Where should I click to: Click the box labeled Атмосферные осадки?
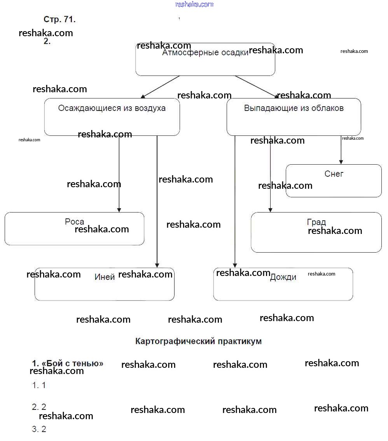click(205, 60)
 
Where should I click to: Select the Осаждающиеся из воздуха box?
click(112, 117)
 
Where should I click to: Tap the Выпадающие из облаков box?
click(294, 117)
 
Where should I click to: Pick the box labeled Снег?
click(334, 181)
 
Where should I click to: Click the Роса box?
click(74, 228)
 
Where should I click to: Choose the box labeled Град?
click(316, 232)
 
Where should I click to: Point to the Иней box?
click(104, 284)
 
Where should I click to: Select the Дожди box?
click(283, 284)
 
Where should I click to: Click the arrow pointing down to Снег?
click(341, 150)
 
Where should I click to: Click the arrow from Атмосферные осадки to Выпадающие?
click(257, 87)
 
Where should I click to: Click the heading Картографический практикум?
click(198, 341)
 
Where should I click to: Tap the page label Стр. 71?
click(59, 19)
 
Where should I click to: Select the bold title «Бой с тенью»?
click(68, 363)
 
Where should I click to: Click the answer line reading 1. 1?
click(39, 385)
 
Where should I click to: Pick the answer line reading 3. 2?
click(39, 429)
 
